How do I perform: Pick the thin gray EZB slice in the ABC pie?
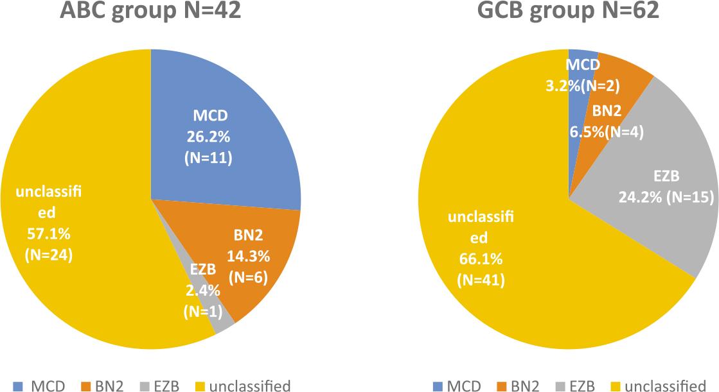(x=224, y=326)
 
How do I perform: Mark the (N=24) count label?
(x=49, y=255)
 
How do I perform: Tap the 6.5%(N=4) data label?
(x=606, y=133)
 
